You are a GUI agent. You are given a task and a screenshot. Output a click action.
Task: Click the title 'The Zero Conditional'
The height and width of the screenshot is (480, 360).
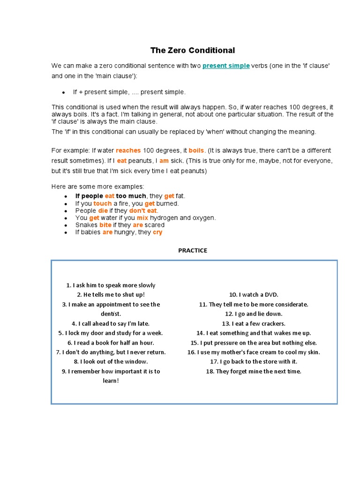point(192,50)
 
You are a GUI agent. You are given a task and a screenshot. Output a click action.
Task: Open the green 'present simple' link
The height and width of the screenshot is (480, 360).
point(226,66)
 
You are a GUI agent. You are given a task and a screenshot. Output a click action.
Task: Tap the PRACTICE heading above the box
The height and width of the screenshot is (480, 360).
point(192,250)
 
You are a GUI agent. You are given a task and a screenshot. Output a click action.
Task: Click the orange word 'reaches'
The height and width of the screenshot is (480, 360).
point(128,150)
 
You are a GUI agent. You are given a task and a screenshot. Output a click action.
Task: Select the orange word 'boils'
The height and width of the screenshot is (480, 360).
point(196,150)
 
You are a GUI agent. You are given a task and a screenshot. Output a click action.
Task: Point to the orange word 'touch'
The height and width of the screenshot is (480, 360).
point(103,203)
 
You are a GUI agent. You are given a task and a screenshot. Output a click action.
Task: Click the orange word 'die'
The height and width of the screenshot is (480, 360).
point(103,211)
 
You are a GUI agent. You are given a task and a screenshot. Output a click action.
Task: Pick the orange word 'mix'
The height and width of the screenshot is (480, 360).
point(142,218)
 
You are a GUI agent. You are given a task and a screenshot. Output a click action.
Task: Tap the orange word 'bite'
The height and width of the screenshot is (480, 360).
point(105,225)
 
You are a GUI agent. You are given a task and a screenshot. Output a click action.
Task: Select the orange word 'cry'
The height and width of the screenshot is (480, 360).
point(157,232)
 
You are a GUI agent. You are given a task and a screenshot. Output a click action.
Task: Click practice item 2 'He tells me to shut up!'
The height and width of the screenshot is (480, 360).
point(111,295)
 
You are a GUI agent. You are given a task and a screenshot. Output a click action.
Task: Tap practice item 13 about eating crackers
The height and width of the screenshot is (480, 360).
point(254,323)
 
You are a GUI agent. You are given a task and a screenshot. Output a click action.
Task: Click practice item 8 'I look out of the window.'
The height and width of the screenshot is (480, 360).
point(111,361)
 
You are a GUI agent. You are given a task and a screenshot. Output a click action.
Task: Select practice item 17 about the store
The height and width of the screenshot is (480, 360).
point(254,361)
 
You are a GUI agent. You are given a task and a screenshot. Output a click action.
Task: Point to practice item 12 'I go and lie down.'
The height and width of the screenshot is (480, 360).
point(254,314)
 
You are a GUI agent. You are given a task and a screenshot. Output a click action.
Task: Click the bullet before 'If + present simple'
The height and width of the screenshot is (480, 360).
point(63,92)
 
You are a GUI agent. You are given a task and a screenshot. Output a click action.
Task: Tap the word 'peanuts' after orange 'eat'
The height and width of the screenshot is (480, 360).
point(142,160)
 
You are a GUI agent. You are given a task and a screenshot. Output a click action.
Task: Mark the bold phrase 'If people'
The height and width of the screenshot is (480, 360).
point(89,196)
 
